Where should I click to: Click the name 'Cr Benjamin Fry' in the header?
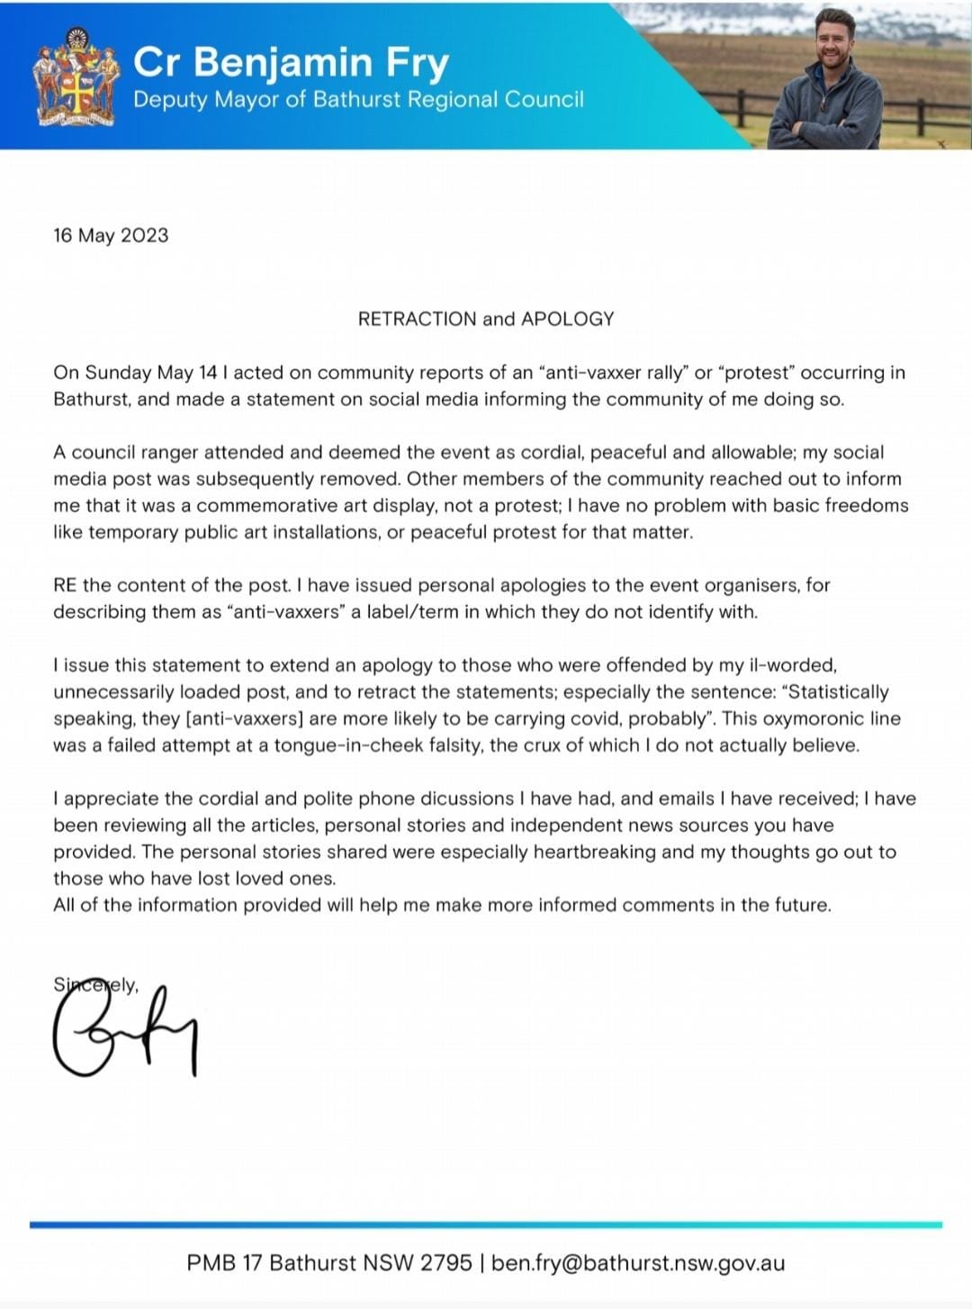(290, 62)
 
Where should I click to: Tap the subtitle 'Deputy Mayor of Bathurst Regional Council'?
(358, 100)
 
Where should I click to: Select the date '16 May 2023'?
(111, 236)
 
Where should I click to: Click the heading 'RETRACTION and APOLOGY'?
(486, 319)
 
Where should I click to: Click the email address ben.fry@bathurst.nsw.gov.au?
(638, 1263)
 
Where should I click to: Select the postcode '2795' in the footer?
(445, 1263)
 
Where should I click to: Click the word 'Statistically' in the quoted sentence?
(838, 692)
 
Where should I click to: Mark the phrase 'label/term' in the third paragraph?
(412, 612)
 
